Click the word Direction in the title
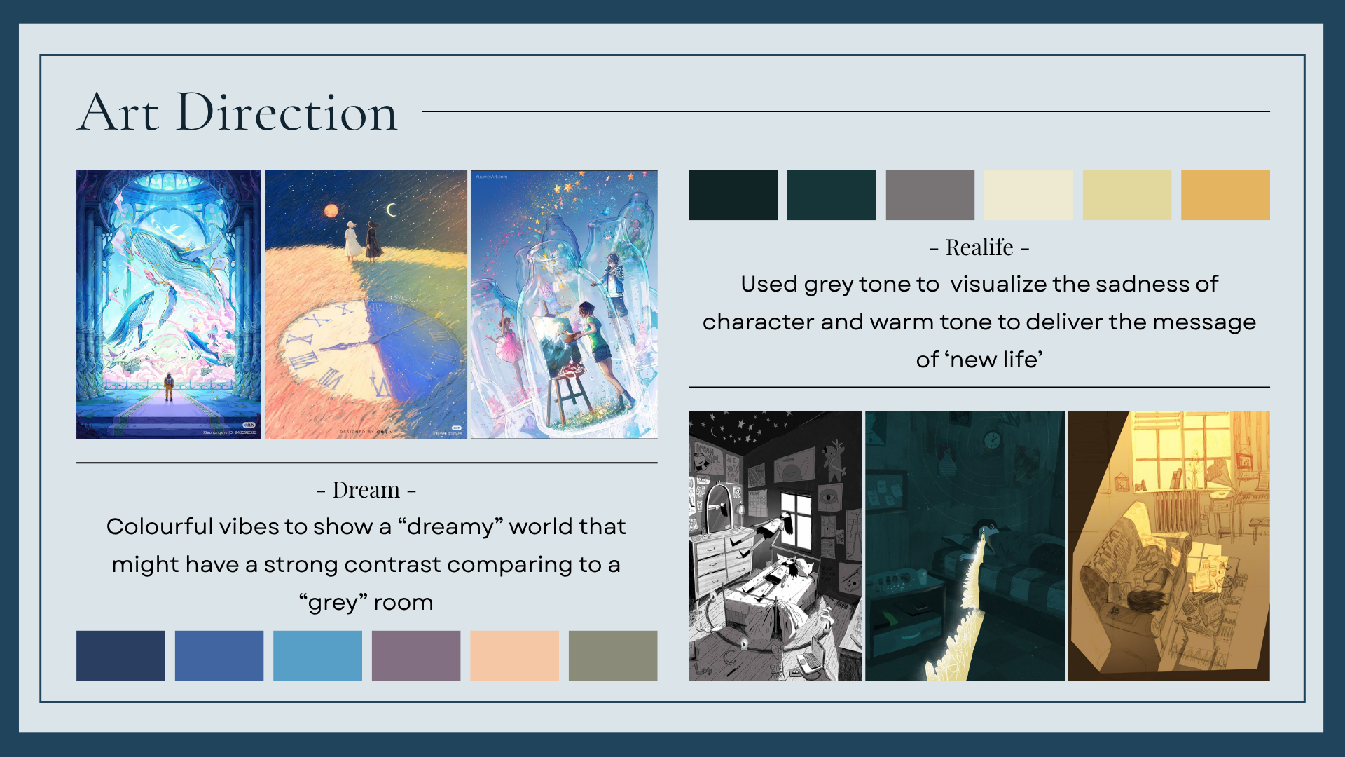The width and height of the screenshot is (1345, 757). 287,112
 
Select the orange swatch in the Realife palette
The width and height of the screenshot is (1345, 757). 1225,195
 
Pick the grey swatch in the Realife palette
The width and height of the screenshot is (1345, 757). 930,195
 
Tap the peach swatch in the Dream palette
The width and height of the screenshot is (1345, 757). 514,656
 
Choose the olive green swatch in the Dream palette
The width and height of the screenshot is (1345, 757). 613,656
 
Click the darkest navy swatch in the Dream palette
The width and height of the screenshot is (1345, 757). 120,656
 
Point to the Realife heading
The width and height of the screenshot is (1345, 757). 979,247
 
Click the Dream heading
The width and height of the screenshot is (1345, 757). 366,490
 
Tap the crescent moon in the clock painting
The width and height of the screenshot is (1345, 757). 392,210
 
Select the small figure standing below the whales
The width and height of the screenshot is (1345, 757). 168,386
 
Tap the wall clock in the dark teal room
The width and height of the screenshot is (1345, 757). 991,440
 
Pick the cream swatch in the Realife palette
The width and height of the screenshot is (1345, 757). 1028,195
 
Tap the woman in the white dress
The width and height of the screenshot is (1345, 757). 352,240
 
